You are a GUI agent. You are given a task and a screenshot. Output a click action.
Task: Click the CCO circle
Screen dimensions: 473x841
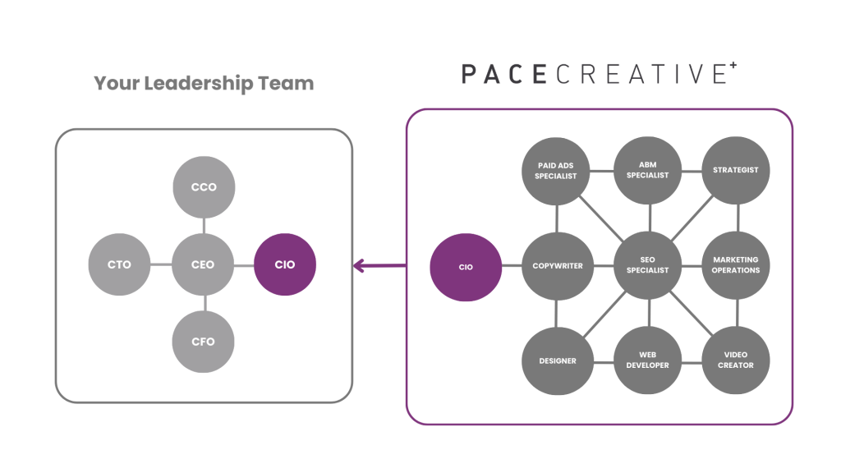pos(204,186)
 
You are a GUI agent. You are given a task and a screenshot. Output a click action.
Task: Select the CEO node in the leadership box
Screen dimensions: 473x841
pos(204,264)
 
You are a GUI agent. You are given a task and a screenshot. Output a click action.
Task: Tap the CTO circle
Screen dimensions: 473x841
pos(120,264)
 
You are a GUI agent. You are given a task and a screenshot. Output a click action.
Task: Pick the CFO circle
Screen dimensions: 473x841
pos(204,341)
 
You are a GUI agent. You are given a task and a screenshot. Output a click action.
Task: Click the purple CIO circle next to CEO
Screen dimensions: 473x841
pos(285,264)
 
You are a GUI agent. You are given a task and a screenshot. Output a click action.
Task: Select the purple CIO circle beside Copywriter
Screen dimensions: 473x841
pos(466,267)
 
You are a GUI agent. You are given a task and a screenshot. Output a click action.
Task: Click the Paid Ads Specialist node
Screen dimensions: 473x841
pos(556,171)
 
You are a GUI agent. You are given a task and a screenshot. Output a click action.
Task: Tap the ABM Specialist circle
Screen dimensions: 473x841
pos(648,170)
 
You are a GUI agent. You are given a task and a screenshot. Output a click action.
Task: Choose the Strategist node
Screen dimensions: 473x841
pos(737,170)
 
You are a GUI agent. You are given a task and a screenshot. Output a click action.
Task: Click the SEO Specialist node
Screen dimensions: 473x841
pos(648,265)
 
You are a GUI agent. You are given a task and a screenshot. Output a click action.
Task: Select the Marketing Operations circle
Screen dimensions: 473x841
pos(737,264)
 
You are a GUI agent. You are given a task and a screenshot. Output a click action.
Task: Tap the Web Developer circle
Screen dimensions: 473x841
pos(648,360)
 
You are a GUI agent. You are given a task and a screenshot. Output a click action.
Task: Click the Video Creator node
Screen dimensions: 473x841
pos(737,360)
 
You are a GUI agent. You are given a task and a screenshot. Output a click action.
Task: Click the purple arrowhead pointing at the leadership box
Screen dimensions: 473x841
pos(358,265)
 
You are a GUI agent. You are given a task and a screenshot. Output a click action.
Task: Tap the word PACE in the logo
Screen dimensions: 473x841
pos(503,73)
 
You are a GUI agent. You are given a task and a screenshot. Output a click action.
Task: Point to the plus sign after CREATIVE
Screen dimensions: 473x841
pos(733,65)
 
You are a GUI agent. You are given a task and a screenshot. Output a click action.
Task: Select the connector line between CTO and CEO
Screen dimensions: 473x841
pos(162,264)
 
